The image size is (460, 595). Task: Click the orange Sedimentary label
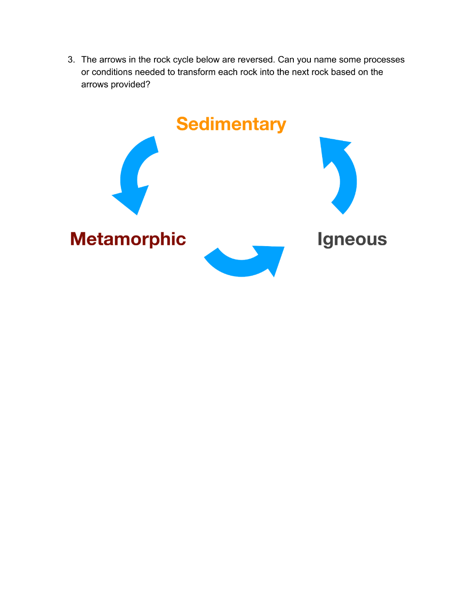pos(231,124)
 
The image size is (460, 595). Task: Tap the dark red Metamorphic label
pos(128,239)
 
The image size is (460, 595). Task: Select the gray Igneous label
pos(352,240)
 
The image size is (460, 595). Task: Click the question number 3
pos(71,60)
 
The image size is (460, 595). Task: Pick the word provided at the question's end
pos(130,84)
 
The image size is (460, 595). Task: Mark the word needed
pos(150,72)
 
